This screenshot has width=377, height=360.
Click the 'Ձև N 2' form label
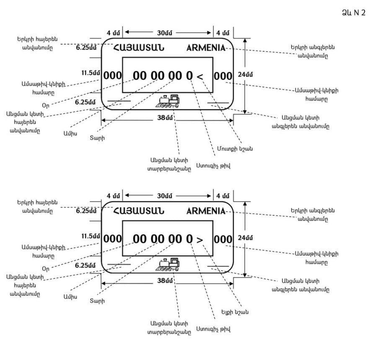coord(354,13)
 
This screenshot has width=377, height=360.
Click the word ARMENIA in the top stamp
coord(206,48)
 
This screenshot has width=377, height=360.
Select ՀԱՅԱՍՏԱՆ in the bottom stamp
coord(139,211)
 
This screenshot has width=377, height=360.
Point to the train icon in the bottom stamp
coord(168,264)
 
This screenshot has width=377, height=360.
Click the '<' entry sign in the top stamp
coord(200,77)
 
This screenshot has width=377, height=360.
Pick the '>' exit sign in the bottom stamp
coord(200,240)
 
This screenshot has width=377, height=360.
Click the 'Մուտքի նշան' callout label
coord(235,149)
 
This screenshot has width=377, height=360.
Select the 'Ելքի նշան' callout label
coord(235,312)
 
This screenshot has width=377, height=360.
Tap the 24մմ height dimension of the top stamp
coord(245,75)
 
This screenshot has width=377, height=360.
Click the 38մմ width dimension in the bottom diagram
coord(165,281)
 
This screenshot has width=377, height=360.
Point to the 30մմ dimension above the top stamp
coord(165,33)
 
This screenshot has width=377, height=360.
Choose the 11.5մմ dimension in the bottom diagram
coord(90,236)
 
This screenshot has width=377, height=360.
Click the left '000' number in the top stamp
coord(113,75)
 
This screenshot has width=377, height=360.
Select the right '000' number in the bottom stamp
coord(223,239)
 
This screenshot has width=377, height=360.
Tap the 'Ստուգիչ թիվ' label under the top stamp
coord(213,166)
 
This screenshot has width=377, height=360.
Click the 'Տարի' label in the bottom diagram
coord(97,301)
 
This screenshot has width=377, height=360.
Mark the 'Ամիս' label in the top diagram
coord(70,133)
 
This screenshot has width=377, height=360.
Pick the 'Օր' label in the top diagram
coord(45,105)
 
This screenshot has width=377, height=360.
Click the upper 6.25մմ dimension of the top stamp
coord(86,47)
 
